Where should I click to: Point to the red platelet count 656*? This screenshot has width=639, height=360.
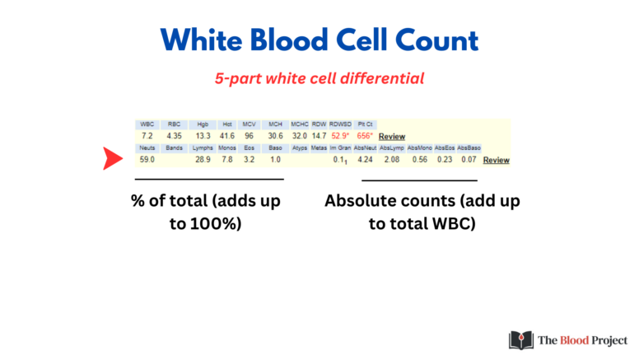coord(364,135)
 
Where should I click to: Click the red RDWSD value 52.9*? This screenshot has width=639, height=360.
coord(340,135)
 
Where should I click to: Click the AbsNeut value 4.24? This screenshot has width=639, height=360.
coord(366,159)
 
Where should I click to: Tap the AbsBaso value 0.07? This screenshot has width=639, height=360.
coord(469,159)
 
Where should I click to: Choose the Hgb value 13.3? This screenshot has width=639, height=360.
coord(203,135)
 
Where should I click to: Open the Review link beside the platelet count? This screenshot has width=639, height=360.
coord(392,136)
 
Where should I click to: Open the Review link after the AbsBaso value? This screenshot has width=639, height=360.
coord(496,160)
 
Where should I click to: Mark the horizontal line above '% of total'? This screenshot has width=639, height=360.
coord(209,178)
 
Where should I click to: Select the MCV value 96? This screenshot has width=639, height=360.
coord(248,135)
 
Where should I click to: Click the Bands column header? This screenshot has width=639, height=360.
coord(174,147)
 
